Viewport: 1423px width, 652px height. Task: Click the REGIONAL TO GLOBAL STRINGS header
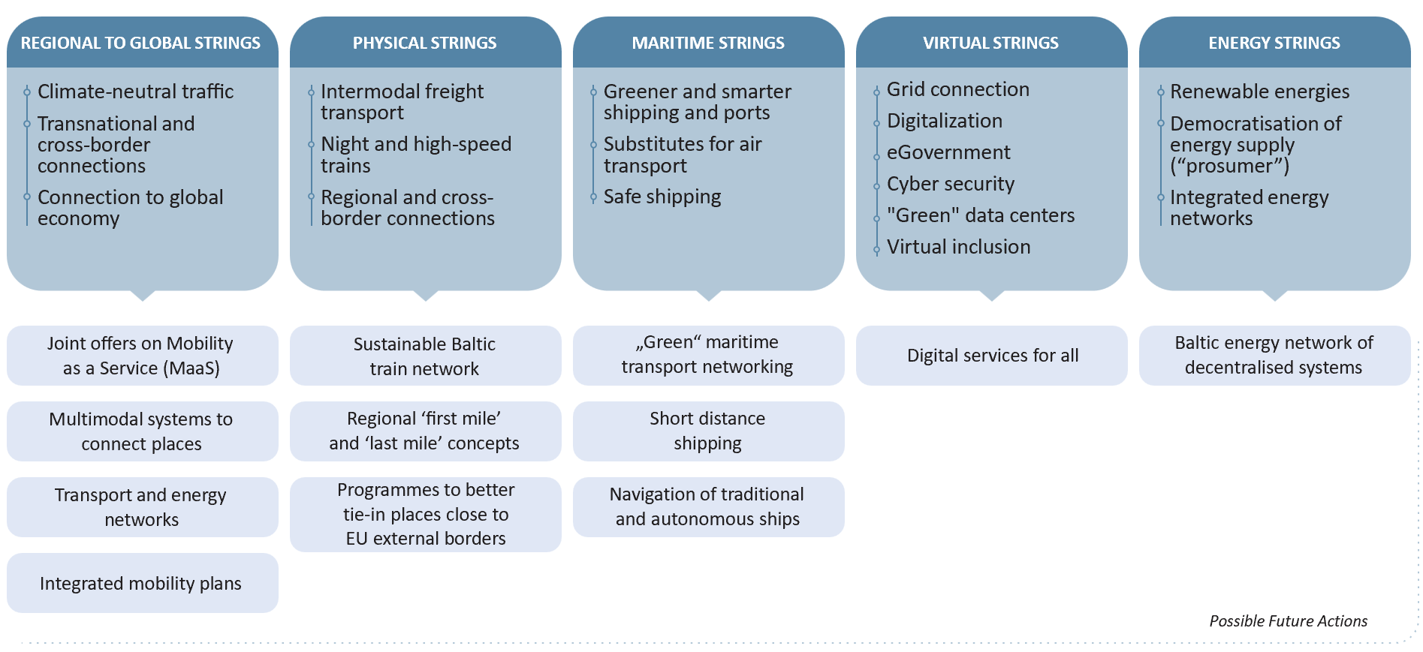tap(140, 44)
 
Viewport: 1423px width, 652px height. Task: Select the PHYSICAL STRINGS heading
tap(424, 44)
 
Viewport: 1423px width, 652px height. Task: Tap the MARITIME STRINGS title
tap(707, 44)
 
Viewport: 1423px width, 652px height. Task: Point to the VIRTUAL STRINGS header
tap(990, 44)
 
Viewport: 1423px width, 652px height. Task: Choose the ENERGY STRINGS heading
tap(1274, 44)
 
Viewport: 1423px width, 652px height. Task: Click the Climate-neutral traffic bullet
tap(135, 92)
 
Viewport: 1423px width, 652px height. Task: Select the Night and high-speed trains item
tap(415, 155)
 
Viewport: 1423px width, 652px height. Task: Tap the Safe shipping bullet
tap(662, 197)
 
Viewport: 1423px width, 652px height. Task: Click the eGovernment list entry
tap(948, 152)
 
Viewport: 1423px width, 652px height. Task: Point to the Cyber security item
tap(950, 184)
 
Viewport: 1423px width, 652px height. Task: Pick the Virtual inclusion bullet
tap(958, 247)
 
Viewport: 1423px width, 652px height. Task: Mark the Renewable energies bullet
tap(1259, 92)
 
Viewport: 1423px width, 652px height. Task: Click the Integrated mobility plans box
tap(141, 583)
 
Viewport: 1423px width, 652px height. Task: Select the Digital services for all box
tap(992, 356)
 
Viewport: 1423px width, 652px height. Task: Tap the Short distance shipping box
tap(707, 431)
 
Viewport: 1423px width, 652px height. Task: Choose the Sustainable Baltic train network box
tap(424, 356)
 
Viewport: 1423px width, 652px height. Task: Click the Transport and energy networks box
tap(141, 507)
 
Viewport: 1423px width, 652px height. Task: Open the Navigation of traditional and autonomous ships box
tap(707, 506)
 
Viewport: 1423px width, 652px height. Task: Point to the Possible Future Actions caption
tap(1288, 621)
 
